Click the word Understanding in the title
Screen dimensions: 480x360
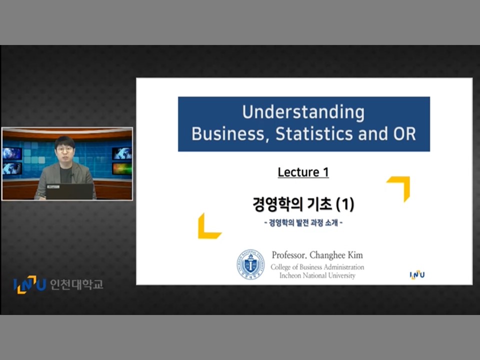[x=303, y=112]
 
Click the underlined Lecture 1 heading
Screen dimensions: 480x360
[x=303, y=172]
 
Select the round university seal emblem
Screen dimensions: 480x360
[x=250, y=264]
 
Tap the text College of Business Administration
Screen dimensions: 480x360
[x=317, y=267]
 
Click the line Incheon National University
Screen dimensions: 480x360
[x=317, y=275]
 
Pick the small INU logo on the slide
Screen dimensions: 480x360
[x=417, y=274]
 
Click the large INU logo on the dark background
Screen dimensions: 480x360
[x=29, y=284]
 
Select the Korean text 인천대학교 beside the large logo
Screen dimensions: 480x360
[x=76, y=284]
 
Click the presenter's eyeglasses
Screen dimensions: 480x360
[x=64, y=149]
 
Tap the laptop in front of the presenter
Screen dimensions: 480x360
[x=70, y=191]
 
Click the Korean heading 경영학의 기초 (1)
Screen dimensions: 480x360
[x=303, y=204]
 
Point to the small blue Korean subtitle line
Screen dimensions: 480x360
[x=303, y=222]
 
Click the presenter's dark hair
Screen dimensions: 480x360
[x=64, y=141]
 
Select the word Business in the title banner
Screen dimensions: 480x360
[x=228, y=134]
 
